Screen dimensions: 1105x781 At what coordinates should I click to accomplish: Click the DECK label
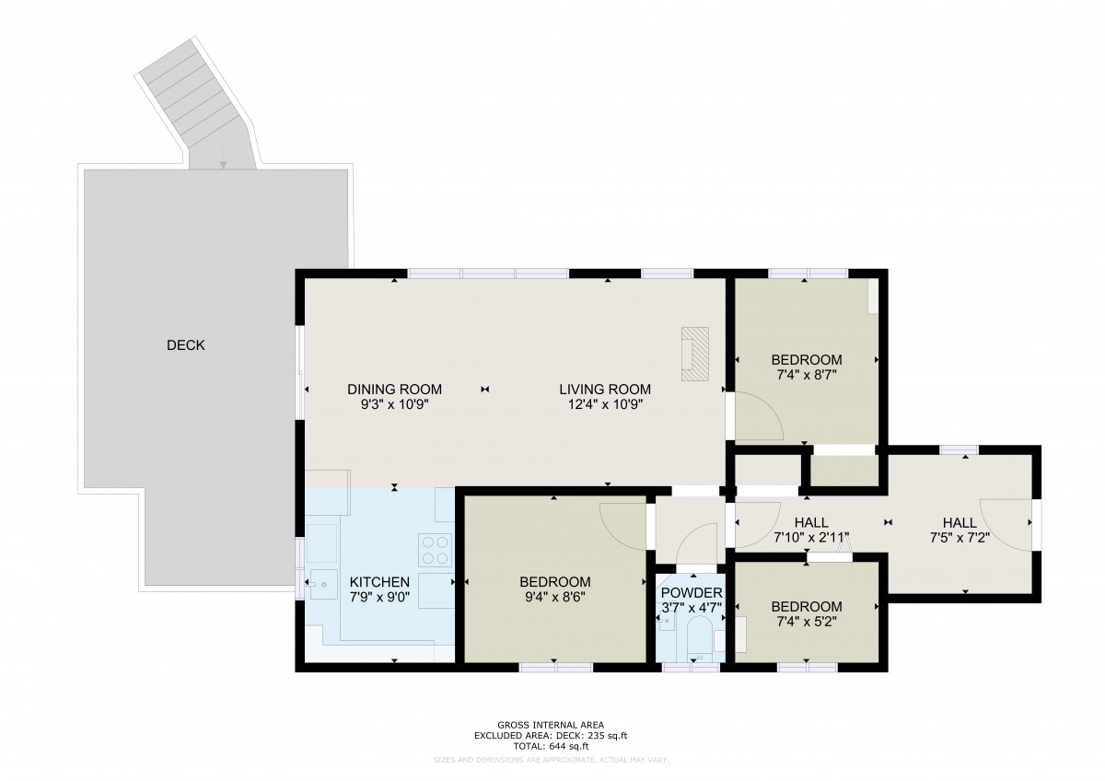(185, 345)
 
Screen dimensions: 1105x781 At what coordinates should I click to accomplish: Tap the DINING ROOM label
(394, 390)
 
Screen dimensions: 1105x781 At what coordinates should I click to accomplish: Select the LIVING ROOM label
(605, 390)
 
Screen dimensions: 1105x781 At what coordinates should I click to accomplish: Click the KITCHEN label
(379, 582)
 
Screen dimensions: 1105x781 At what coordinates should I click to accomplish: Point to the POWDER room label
(692, 593)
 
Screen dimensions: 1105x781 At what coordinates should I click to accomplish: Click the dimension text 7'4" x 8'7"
(807, 375)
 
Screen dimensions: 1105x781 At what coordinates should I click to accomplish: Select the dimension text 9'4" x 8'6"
(555, 598)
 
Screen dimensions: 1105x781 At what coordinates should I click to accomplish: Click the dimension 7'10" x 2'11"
(811, 537)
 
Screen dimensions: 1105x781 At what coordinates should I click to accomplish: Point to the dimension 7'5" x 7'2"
(960, 537)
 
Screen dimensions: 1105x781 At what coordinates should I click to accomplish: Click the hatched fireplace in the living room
(695, 355)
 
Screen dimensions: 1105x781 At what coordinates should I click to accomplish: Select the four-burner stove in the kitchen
(435, 550)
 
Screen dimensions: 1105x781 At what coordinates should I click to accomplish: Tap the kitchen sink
(323, 585)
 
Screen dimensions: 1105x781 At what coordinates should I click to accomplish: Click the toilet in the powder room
(699, 638)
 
